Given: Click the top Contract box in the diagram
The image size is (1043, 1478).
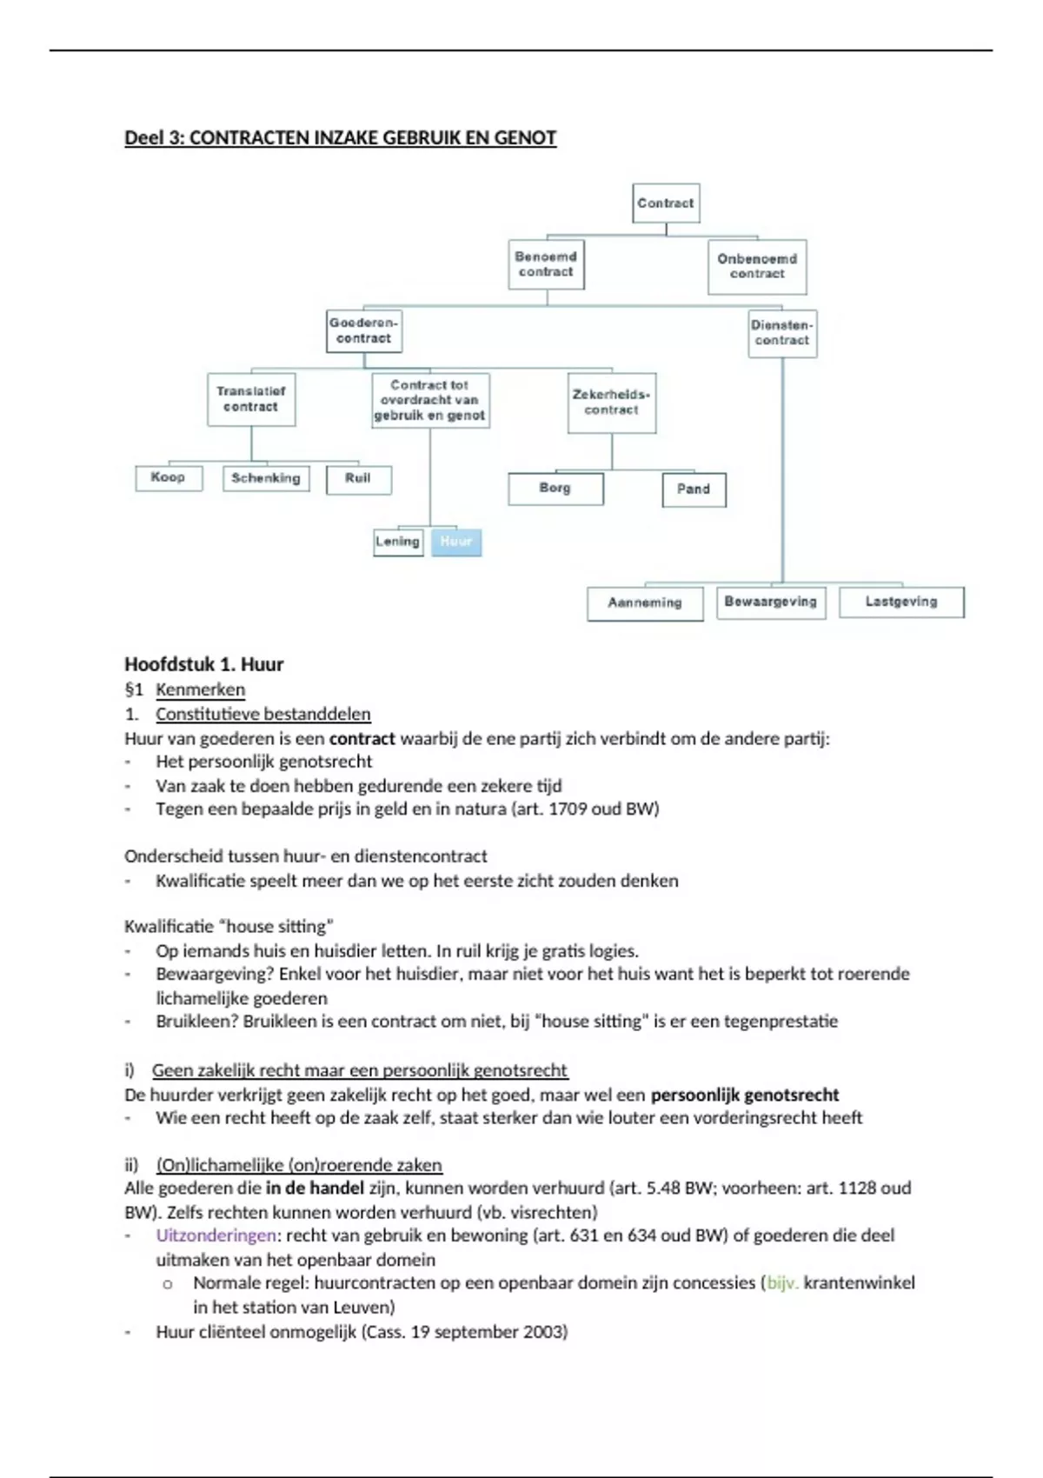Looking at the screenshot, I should [666, 203].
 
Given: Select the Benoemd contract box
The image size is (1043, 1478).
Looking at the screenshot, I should [546, 264].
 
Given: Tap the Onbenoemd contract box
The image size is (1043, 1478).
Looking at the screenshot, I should [757, 267].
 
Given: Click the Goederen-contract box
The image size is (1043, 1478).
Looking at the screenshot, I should [364, 331].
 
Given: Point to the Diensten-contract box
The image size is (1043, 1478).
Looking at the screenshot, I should [782, 333].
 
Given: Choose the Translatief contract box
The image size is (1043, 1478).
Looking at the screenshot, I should [251, 399].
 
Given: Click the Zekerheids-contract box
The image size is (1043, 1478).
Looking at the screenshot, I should [612, 403].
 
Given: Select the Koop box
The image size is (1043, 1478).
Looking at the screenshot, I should [169, 477].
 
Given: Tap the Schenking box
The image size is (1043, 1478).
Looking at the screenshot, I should [266, 478].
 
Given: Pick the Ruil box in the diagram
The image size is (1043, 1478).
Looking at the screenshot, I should [358, 479].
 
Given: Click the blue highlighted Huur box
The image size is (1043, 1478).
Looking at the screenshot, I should [456, 542].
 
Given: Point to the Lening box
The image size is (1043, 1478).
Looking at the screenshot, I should [398, 542].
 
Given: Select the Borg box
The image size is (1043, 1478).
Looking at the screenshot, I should [555, 489].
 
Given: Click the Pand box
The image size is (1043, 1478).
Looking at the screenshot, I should [694, 489].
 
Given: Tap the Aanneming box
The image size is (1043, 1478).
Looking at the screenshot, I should [645, 603].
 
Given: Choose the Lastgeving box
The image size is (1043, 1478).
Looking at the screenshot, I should [901, 602].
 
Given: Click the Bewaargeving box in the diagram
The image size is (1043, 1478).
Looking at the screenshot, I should [771, 602].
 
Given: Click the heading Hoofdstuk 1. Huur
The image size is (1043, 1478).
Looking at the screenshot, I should [204, 664].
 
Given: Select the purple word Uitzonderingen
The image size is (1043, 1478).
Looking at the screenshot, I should [216, 1235].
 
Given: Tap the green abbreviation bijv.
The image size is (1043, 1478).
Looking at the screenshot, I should [782, 1283].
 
